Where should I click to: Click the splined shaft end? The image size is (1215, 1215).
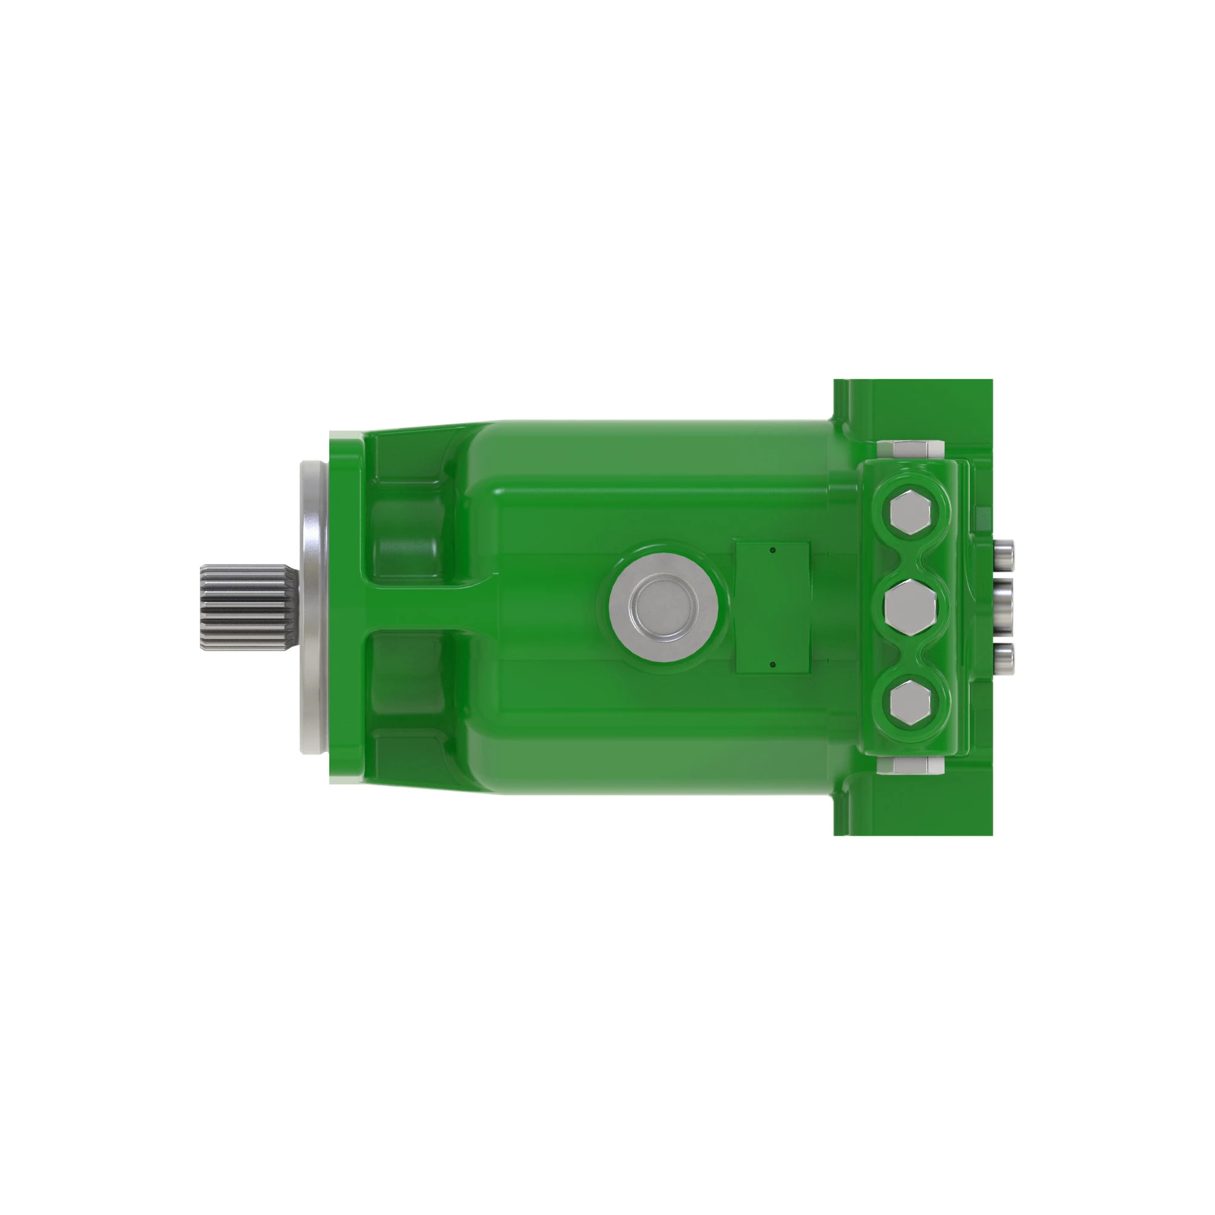[x=247, y=607]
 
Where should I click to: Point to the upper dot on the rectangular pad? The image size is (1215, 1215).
[x=773, y=550]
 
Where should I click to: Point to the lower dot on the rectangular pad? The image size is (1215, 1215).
[x=773, y=665]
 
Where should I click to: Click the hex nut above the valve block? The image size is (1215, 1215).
[x=909, y=450]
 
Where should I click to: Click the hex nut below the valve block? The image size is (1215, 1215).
[x=909, y=765]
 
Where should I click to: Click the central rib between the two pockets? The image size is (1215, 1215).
[x=428, y=607]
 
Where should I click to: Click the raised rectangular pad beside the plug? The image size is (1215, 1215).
[x=772, y=607]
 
